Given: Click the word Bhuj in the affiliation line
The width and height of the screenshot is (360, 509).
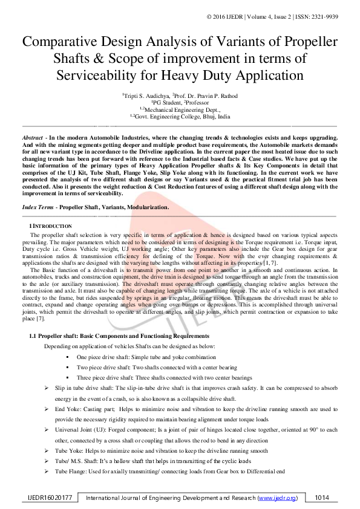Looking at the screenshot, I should point(209,115).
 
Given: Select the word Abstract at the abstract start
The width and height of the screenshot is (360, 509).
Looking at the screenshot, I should point(31,138).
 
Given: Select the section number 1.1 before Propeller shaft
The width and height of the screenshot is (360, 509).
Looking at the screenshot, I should point(34,336).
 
